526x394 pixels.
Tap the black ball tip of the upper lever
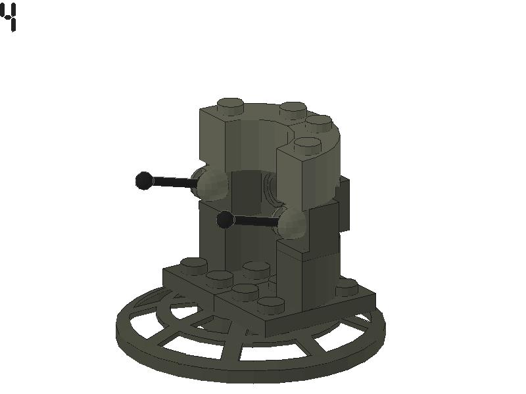pyautogui.click(x=144, y=181)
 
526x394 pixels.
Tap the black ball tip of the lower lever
pyautogui.click(x=225, y=220)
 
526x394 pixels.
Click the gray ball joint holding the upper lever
pyautogui.click(x=210, y=183)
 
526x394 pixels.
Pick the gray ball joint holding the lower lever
pyautogui.click(x=292, y=223)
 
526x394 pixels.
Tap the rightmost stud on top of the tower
pyautogui.click(x=319, y=121)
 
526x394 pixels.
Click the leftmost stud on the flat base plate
pyautogui.click(x=193, y=264)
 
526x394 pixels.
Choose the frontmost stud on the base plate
pyautogui.click(x=270, y=303)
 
